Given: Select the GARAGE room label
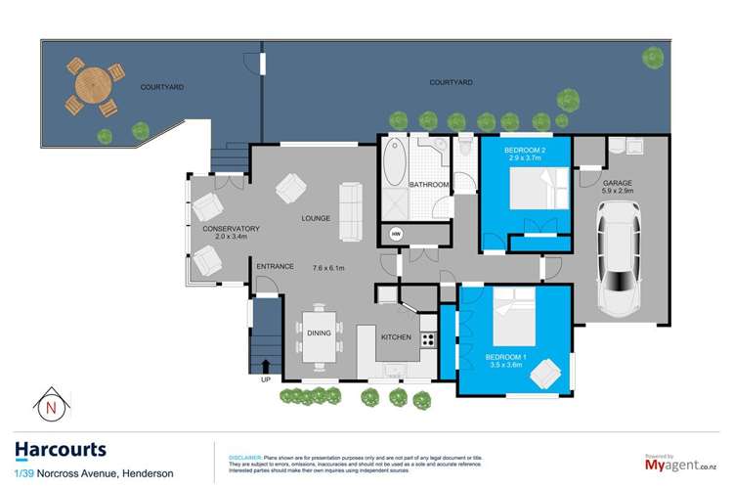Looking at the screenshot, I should [x=618, y=183].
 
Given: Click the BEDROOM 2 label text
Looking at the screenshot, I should [x=524, y=150].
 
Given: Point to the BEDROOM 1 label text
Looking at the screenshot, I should [x=506, y=357].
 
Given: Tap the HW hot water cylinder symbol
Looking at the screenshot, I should [x=396, y=235].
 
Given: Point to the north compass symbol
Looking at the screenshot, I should [x=49, y=404].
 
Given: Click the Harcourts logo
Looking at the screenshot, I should [x=61, y=449].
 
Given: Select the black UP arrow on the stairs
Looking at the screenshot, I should [x=265, y=367].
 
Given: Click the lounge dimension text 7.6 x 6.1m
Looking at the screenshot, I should [x=331, y=267].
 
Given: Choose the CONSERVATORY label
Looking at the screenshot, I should [x=231, y=229].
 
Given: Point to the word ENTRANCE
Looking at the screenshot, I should [x=275, y=266].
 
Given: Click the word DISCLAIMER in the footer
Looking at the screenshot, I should [x=247, y=457].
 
